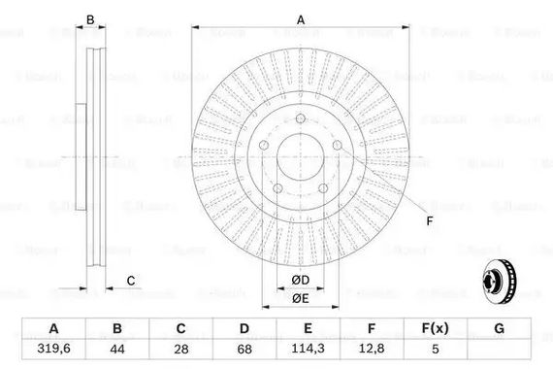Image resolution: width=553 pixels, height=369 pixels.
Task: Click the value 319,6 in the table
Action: [x=53, y=349]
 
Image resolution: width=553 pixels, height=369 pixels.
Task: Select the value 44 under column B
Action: [x=117, y=350]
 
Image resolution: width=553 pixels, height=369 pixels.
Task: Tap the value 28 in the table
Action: [x=180, y=350]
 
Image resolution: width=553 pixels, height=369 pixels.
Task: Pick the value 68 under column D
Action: [x=244, y=350]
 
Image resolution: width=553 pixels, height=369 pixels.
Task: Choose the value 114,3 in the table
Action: [x=308, y=349]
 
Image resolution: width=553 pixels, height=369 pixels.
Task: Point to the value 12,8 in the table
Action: [x=372, y=349]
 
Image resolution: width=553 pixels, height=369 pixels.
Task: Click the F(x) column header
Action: [x=436, y=328]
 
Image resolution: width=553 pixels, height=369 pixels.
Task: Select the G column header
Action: [x=499, y=328]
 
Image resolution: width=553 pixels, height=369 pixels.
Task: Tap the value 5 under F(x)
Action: [x=436, y=350]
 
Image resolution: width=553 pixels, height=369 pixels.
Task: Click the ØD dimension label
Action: [x=301, y=280]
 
